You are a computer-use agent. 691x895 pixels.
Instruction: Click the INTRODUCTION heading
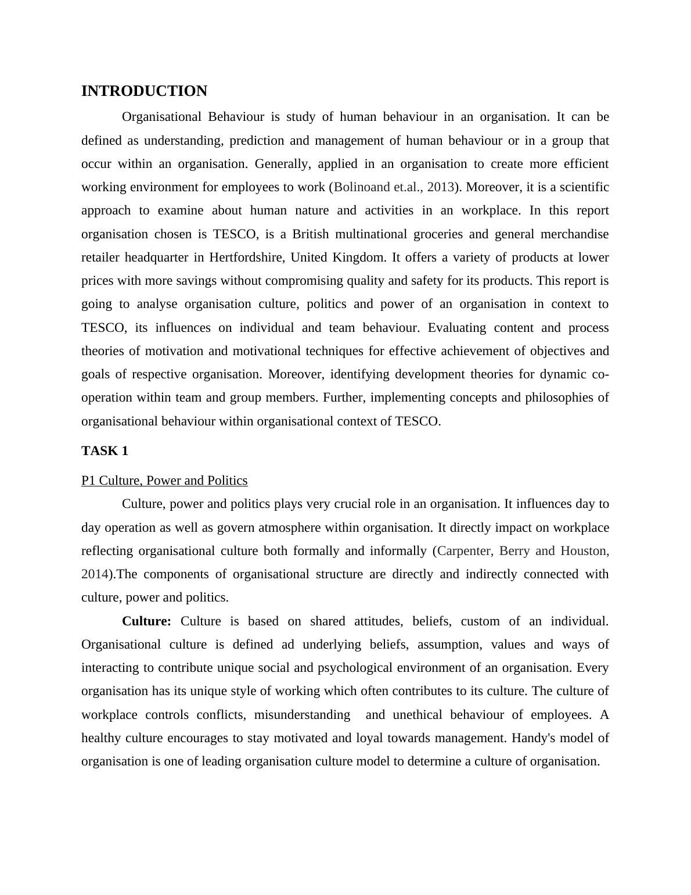point(144,91)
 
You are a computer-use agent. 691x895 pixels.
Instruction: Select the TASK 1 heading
point(105,451)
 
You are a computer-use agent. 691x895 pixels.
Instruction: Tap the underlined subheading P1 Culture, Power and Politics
point(164,481)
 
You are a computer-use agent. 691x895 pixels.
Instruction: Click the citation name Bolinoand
point(361,187)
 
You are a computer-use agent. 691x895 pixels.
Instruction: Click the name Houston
point(584,551)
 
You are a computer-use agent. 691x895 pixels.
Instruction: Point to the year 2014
point(95,574)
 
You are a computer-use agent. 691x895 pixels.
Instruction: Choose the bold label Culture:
point(146,621)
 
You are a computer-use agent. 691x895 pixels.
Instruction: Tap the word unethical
point(417,715)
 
